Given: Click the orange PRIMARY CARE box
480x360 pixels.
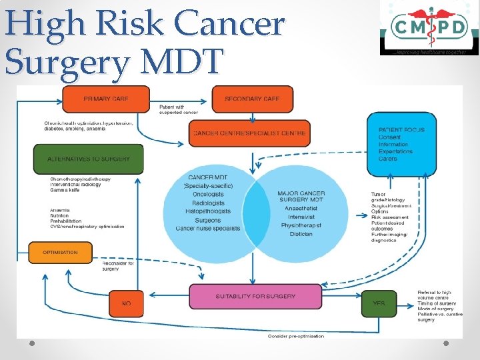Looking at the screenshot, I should tap(107, 99).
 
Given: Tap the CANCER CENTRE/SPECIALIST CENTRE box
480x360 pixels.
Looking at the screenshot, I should tap(249, 133).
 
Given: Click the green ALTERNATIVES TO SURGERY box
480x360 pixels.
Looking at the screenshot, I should tap(88, 159).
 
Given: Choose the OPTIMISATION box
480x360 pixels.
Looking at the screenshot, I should tap(60, 253).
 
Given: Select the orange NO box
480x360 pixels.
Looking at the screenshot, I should tap(126, 303).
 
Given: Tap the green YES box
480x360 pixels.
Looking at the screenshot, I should tap(378, 303).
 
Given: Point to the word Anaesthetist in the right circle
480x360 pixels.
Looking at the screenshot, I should tap(301, 208).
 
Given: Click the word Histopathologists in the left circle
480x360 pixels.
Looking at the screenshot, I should tap(207, 211).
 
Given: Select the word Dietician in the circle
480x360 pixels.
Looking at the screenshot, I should tap(301, 234).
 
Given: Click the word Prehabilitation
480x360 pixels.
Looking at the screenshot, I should tap(65, 221).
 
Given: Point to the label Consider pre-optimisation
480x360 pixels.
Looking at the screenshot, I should tap(295, 336).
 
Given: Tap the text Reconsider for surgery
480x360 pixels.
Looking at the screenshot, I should tap(118, 266).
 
